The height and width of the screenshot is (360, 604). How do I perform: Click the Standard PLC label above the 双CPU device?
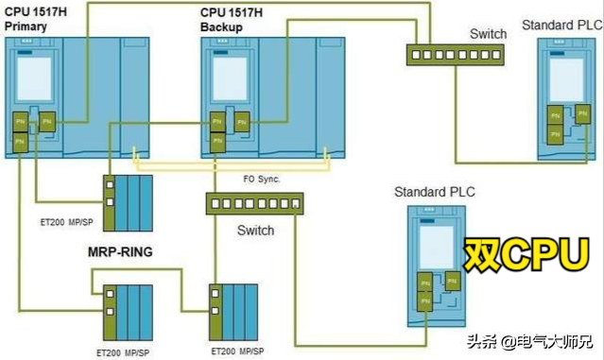coord(435,193)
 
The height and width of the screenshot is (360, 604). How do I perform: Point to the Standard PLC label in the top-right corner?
coord(561,24)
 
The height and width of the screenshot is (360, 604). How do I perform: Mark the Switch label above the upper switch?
coord(488,33)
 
